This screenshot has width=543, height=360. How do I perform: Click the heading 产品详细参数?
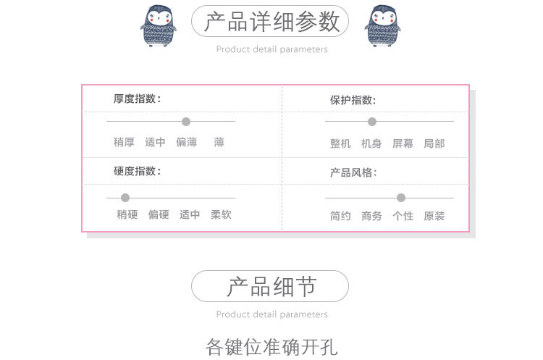pyautogui.click(x=271, y=22)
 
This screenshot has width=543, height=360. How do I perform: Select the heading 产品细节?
pyautogui.click(x=271, y=287)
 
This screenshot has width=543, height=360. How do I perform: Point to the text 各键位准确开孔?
pyautogui.click(x=271, y=346)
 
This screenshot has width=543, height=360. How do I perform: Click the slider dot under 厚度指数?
pyautogui.click(x=186, y=122)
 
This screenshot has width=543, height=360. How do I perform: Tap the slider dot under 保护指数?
pyautogui.click(x=372, y=122)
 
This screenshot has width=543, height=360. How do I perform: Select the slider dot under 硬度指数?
pyautogui.click(x=125, y=198)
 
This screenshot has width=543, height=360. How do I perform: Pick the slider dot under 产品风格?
pyautogui.click(x=401, y=198)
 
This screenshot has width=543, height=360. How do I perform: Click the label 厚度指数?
pyautogui.click(x=138, y=99)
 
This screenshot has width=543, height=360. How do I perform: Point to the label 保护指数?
pyautogui.click(x=353, y=101)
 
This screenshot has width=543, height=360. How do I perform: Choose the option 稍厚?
pyautogui.click(x=124, y=143)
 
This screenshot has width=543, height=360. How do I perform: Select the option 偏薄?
pyautogui.click(x=186, y=143)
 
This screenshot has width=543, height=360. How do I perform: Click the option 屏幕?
pyautogui.click(x=403, y=144)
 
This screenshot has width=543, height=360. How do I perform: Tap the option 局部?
pyautogui.click(x=434, y=144)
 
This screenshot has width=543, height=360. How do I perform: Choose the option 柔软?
pyautogui.click(x=221, y=215)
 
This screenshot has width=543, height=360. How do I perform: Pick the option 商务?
pyautogui.click(x=371, y=217)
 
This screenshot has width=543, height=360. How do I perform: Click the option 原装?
pyautogui.click(x=434, y=217)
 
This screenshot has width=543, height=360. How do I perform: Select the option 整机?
pyautogui.click(x=340, y=144)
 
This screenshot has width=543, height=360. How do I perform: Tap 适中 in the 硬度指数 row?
pyautogui.click(x=190, y=215)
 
